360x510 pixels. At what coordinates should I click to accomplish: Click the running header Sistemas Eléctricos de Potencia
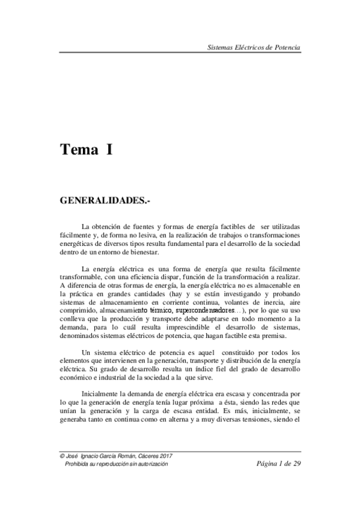253,47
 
